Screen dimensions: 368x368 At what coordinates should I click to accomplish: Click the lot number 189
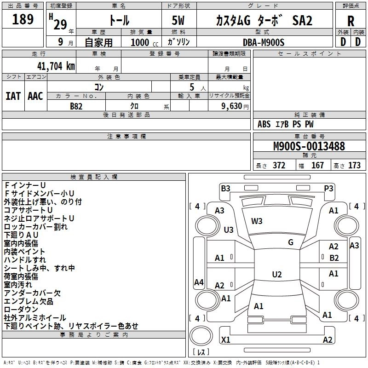[23, 20]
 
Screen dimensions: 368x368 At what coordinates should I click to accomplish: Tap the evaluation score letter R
[351, 21]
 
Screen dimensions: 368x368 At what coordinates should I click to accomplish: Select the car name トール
[119, 21]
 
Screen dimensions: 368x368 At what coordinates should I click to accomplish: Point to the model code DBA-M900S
[264, 42]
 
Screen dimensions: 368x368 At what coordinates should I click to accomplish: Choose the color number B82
[76, 106]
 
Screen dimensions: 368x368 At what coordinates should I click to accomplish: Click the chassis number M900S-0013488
[309, 146]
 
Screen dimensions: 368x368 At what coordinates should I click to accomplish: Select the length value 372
[279, 166]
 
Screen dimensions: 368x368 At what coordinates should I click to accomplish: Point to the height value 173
[354, 166]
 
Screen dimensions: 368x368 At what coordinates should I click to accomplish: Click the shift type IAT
[13, 96]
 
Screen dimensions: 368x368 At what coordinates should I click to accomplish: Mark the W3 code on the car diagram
[257, 221]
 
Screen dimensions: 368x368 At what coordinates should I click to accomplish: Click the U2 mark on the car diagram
[276, 275]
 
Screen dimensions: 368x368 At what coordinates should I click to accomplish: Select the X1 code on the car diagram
[225, 340]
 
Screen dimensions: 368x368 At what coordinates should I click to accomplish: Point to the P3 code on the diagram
[328, 188]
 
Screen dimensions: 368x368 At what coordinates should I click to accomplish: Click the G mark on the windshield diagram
[290, 242]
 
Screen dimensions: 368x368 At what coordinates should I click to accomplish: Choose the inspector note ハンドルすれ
[25, 260]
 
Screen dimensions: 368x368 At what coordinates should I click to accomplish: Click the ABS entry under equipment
[264, 124]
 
